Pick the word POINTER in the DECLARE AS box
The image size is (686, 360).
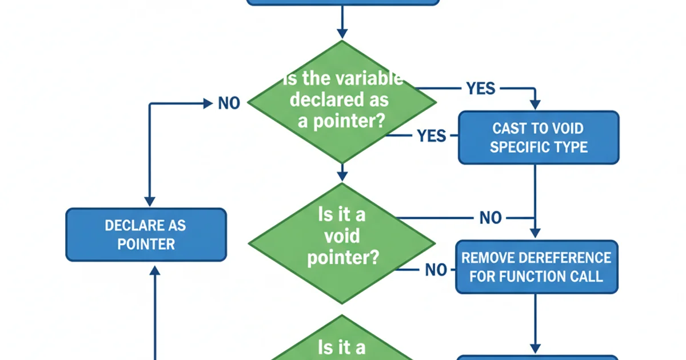coord(146,244)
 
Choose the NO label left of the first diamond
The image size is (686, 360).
coord(229,103)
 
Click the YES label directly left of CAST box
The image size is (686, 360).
coord(431,135)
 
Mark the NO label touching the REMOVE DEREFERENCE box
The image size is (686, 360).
coord(436,270)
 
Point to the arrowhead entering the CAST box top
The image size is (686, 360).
coord(535,105)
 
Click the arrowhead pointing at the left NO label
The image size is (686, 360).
coord(208,103)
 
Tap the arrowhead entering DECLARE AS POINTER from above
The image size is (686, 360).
coord(149,202)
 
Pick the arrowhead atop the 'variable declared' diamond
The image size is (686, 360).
coord(342,33)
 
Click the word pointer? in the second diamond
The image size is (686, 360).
coord(342,258)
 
